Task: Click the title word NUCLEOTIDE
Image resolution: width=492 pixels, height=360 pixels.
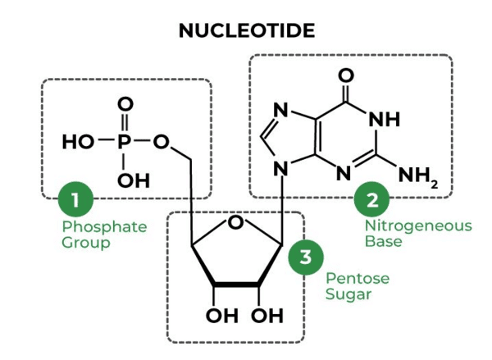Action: pyautogui.click(x=247, y=31)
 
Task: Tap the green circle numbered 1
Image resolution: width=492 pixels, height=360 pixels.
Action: pyautogui.click(x=75, y=199)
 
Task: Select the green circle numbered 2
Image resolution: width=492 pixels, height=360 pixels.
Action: pyautogui.click(x=371, y=199)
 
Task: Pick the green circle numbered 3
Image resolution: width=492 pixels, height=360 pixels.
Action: pyautogui.click(x=306, y=257)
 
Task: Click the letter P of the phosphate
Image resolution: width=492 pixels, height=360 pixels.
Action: pyautogui.click(x=124, y=142)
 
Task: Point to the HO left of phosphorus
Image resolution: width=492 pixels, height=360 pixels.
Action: pyautogui.click(x=78, y=142)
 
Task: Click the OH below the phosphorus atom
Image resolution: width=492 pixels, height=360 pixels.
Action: pyautogui.click(x=134, y=180)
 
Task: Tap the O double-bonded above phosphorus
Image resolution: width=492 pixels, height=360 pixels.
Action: pyautogui.click(x=125, y=104)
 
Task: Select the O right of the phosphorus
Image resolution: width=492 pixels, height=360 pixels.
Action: pyautogui.click(x=161, y=142)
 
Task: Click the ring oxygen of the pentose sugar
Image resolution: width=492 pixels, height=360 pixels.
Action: pyautogui.click(x=235, y=222)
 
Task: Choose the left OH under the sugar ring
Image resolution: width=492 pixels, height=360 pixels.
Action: pyautogui.click(x=222, y=316)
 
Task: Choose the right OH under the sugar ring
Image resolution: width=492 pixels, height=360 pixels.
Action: pyautogui.click(x=267, y=316)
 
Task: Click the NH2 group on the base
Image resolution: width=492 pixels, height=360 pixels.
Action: pyautogui.click(x=418, y=175)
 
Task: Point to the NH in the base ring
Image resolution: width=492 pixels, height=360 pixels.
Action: pyautogui.click(x=385, y=119)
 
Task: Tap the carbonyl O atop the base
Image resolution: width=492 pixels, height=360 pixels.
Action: pyautogui.click(x=346, y=75)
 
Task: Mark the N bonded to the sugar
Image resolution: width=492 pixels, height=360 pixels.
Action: pyautogui.click(x=280, y=169)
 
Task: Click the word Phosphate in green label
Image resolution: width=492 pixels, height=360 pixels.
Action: pyautogui.click(x=104, y=227)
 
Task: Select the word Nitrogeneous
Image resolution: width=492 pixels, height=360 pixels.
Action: pyautogui.click(x=418, y=226)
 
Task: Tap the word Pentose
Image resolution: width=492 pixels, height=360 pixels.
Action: pyautogui.click(x=358, y=278)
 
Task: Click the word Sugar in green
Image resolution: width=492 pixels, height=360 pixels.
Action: pyautogui.click(x=348, y=294)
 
